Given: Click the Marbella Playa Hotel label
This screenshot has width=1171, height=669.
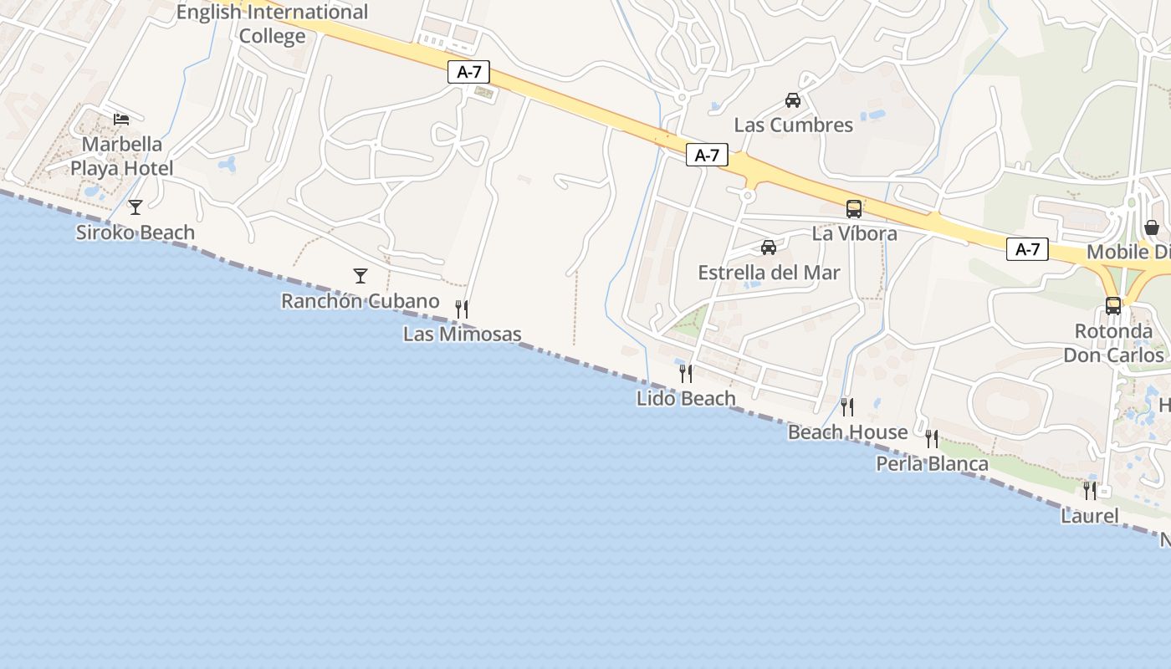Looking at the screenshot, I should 121,156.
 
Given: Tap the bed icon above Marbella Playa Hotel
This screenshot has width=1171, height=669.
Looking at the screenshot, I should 121,120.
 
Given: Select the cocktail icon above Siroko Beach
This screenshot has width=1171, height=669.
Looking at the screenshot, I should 136,207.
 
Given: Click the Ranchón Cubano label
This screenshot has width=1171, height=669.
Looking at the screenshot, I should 360,301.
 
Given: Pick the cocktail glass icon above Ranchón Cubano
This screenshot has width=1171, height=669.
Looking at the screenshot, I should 361,275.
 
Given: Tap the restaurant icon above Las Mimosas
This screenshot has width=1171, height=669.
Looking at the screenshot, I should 461,309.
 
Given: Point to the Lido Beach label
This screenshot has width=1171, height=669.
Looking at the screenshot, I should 686,399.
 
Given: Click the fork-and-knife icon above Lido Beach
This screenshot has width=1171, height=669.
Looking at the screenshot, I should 686,373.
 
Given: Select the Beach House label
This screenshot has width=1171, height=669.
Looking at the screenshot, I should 847,432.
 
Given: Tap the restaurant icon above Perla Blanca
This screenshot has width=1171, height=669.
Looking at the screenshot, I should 932,438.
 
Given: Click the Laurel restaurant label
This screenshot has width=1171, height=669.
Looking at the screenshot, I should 1089,516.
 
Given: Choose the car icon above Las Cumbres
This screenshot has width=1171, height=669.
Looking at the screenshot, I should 792,100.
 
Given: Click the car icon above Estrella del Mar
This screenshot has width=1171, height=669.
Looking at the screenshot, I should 768,248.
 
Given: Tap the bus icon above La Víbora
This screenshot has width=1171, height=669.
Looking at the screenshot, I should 853,209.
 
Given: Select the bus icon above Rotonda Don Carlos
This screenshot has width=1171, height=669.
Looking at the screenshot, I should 1112,306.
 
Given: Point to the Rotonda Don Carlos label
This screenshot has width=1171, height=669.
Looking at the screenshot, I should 1113,343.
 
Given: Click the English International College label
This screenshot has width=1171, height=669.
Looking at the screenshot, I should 272,24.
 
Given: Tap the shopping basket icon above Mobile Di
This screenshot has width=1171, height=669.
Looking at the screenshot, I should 1152,227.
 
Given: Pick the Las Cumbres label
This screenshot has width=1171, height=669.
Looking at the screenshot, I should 793,125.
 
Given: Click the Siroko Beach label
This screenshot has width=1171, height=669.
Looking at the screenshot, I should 136,232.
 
